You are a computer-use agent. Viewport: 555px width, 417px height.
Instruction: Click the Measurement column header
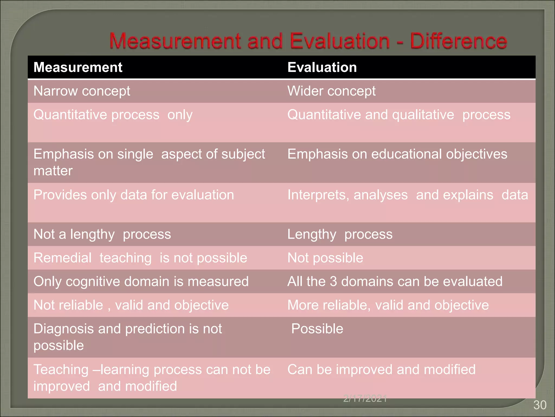click(x=78, y=67)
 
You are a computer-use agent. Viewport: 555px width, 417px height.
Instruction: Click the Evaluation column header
click(x=322, y=67)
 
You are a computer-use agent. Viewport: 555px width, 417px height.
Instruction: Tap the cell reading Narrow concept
click(x=82, y=91)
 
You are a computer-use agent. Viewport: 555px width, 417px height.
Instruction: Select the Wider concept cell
click(x=331, y=91)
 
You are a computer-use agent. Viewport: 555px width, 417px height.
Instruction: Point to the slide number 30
click(x=540, y=405)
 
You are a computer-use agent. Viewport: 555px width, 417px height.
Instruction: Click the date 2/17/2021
click(x=365, y=399)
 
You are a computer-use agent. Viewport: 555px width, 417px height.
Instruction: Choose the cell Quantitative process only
click(x=113, y=115)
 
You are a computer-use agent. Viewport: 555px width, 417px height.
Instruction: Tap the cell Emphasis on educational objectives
click(x=397, y=154)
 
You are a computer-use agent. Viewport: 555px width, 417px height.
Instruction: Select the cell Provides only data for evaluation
click(x=134, y=195)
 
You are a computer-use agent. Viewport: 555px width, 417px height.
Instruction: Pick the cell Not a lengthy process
click(x=102, y=234)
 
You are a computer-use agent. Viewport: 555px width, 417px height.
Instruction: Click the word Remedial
click(x=63, y=258)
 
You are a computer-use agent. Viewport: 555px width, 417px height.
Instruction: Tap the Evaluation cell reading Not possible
click(x=325, y=258)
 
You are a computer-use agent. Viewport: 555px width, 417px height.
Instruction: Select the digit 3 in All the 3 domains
click(x=333, y=282)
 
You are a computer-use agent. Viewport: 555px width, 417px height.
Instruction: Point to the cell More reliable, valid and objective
click(x=388, y=305)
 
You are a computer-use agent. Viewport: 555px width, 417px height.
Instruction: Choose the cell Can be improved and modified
click(x=381, y=370)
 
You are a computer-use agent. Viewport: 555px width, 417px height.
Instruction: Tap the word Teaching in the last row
click(x=61, y=370)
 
